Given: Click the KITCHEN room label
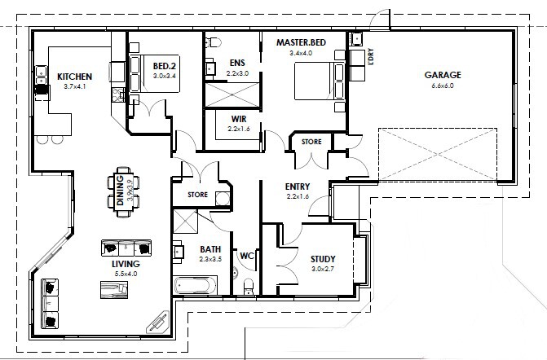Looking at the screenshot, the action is [75, 77].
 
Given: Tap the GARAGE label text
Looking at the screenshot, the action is [443, 75].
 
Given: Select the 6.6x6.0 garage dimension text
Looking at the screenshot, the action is [443, 86].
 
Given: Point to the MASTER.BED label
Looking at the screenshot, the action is [301, 42].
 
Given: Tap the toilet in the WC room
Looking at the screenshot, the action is [249, 286].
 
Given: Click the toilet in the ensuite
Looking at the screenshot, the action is [213, 42].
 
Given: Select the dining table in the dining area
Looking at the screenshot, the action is [123, 192].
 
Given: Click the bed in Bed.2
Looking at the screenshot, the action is [155, 74].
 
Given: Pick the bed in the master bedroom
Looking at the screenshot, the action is [320, 81].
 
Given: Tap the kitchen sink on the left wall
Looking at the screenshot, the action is [41, 75].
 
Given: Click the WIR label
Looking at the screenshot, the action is [239, 119].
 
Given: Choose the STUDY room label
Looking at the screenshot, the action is [323, 259].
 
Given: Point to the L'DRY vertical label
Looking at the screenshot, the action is [370, 56].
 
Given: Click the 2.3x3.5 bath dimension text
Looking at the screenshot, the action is [210, 259].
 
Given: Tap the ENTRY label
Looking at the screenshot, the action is [298, 187].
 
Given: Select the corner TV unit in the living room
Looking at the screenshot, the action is [158, 322].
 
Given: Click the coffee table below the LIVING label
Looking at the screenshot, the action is [114, 290].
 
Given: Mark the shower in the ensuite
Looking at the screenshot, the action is [232, 94].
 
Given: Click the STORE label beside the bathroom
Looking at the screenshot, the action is [197, 195].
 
